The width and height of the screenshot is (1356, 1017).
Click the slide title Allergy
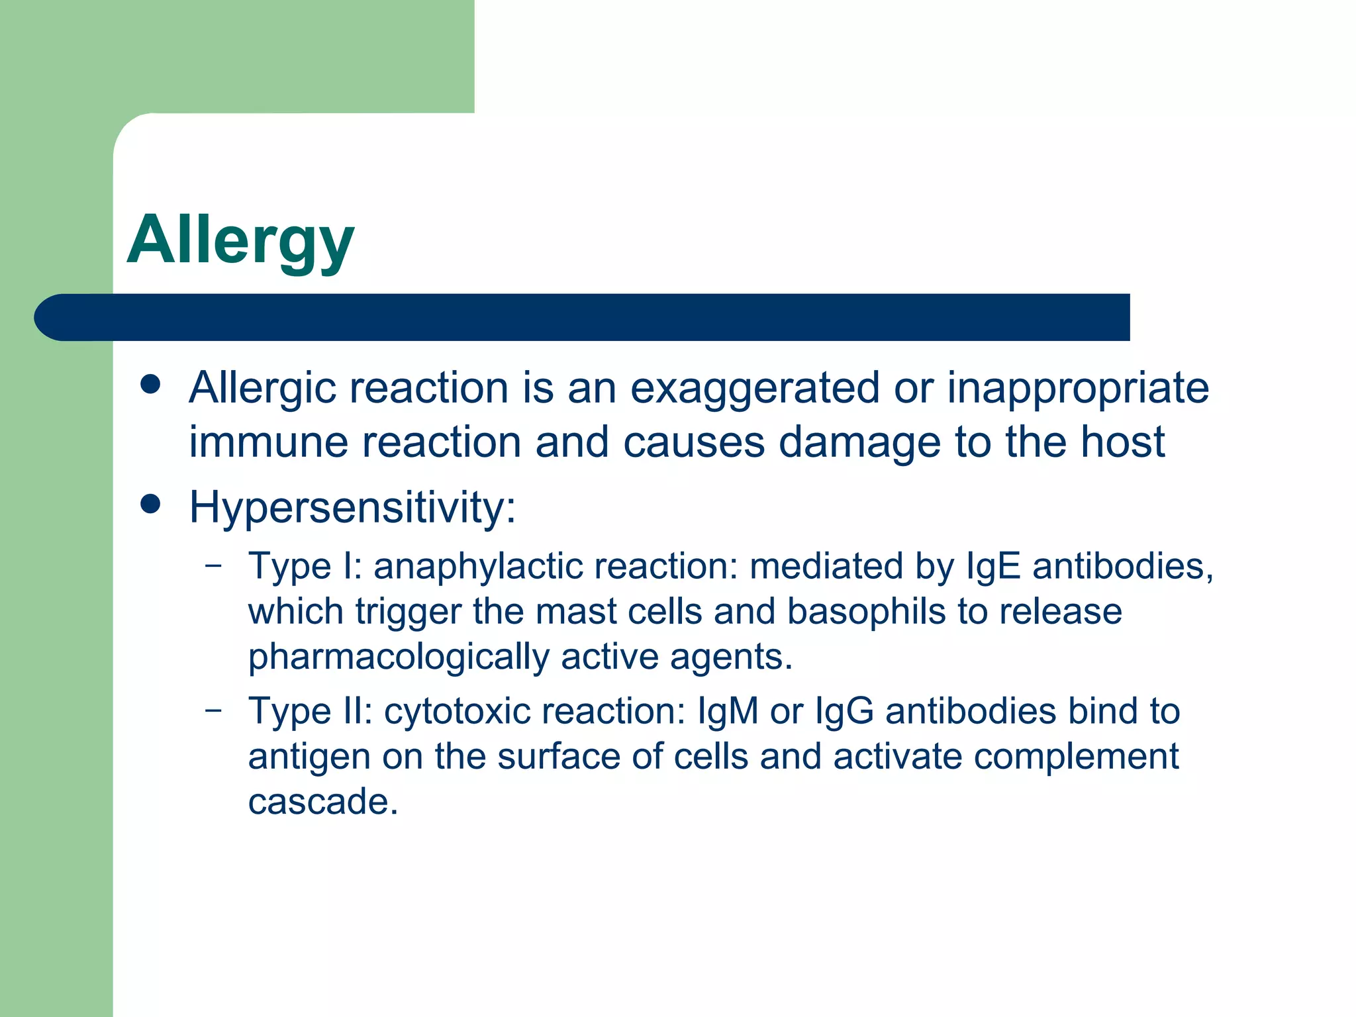click(241, 240)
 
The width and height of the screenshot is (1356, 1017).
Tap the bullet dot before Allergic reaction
click(151, 384)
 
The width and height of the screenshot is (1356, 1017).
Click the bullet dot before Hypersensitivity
click(151, 505)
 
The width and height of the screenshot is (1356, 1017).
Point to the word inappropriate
click(1078, 388)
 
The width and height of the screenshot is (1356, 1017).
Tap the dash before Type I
click(213, 565)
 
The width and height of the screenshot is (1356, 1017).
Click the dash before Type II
click(213, 710)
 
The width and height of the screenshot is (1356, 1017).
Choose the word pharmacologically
click(399, 657)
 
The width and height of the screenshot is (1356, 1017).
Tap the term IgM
click(727, 712)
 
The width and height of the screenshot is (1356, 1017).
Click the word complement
click(1076, 757)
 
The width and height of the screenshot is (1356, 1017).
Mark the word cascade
click(323, 802)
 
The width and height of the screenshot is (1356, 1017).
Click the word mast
click(575, 611)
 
